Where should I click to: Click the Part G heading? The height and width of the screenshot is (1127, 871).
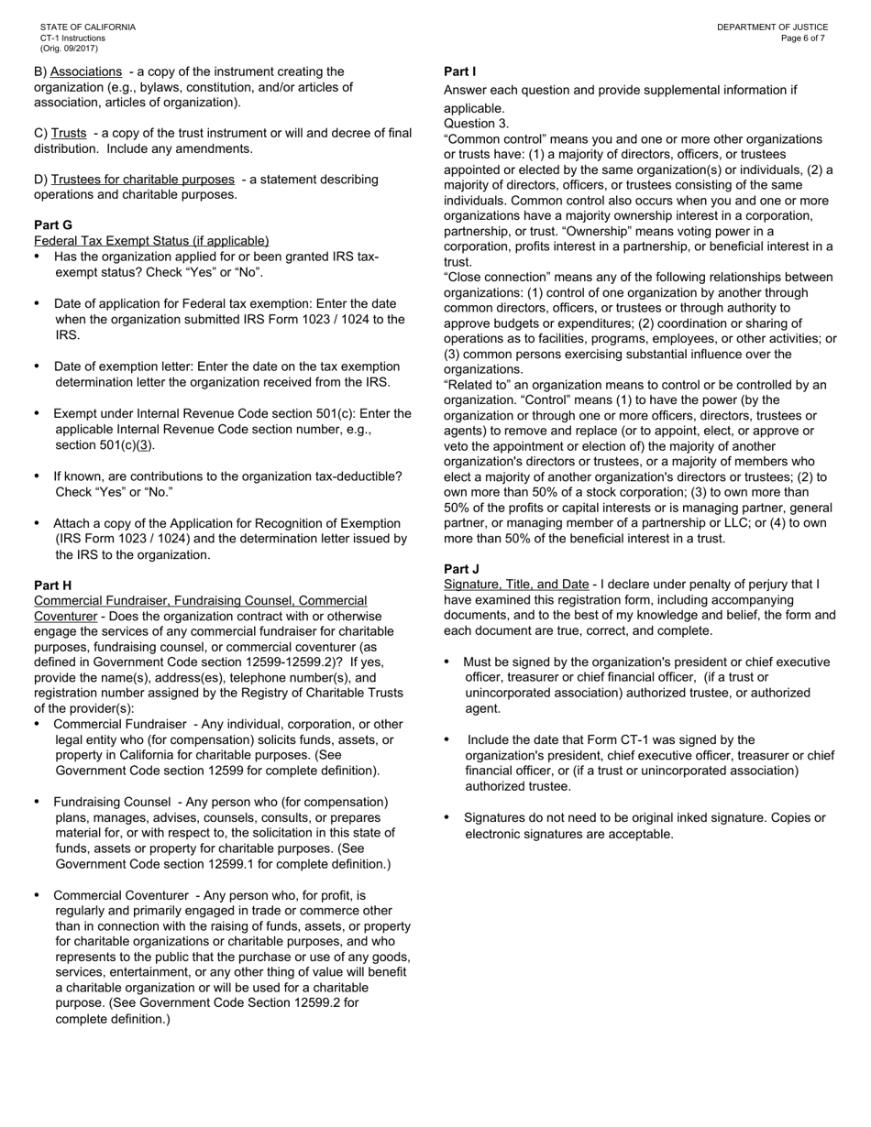[x=53, y=224]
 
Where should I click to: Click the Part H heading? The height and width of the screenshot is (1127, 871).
[x=53, y=585]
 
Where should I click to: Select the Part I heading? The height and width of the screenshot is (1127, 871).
[x=459, y=71]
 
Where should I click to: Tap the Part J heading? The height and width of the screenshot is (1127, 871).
[x=461, y=569]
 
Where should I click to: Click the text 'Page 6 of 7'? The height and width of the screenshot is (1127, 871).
[x=803, y=38]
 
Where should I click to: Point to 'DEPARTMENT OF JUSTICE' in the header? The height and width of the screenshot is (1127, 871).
[x=772, y=27]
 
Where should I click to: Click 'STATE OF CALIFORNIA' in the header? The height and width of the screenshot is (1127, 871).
[x=87, y=27]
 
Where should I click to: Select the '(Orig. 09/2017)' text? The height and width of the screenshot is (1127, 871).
[x=69, y=49]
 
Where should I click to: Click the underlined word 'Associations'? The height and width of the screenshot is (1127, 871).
[x=86, y=71]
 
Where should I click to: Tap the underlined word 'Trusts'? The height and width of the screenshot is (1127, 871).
[x=69, y=133]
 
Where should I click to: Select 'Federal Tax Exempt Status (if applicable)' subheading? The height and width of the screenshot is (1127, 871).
[x=151, y=240]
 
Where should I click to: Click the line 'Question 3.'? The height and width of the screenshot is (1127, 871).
[x=476, y=124]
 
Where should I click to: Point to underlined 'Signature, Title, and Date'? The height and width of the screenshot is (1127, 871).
[x=516, y=585]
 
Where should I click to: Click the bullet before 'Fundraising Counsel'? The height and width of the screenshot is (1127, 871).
[x=38, y=802]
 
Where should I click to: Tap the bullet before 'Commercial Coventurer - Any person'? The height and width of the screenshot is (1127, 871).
[x=38, y=895]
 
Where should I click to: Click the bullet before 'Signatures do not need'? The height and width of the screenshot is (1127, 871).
[x=447, y=817]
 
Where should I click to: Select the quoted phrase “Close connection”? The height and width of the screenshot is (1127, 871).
[x=491, y=278]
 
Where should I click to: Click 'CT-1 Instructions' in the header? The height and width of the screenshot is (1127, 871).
[x=72, y=38]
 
